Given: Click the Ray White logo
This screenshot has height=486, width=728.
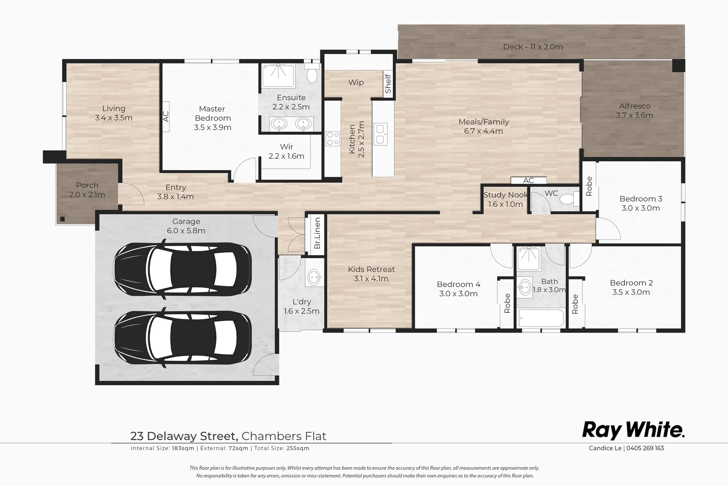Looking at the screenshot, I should point(634,430).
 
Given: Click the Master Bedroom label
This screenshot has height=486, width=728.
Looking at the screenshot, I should point(212,118).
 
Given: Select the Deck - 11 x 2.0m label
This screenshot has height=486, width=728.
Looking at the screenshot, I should point(533,47).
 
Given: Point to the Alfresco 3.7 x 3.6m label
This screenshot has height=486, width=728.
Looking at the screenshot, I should point(634,111).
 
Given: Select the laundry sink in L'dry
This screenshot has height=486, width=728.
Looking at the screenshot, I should point(314,277).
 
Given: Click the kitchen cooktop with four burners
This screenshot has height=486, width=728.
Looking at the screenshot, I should point(333,139).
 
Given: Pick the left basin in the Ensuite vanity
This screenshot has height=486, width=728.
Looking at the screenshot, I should point(280,123).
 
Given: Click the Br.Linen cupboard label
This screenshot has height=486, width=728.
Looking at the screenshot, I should point(317,233).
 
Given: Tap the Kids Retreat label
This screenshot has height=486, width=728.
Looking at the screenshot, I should point(371,274).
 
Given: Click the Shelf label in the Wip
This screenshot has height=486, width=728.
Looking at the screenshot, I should point(388,84).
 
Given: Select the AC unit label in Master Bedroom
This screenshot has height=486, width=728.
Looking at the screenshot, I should point(166,117).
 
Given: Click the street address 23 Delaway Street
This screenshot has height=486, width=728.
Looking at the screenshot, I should point(184,436).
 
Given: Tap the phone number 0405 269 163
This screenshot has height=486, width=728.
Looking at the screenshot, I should point(645,448).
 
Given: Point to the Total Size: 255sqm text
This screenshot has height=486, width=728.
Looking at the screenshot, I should point(282,448).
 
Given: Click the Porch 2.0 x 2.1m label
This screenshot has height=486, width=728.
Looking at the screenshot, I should point(87,190).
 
